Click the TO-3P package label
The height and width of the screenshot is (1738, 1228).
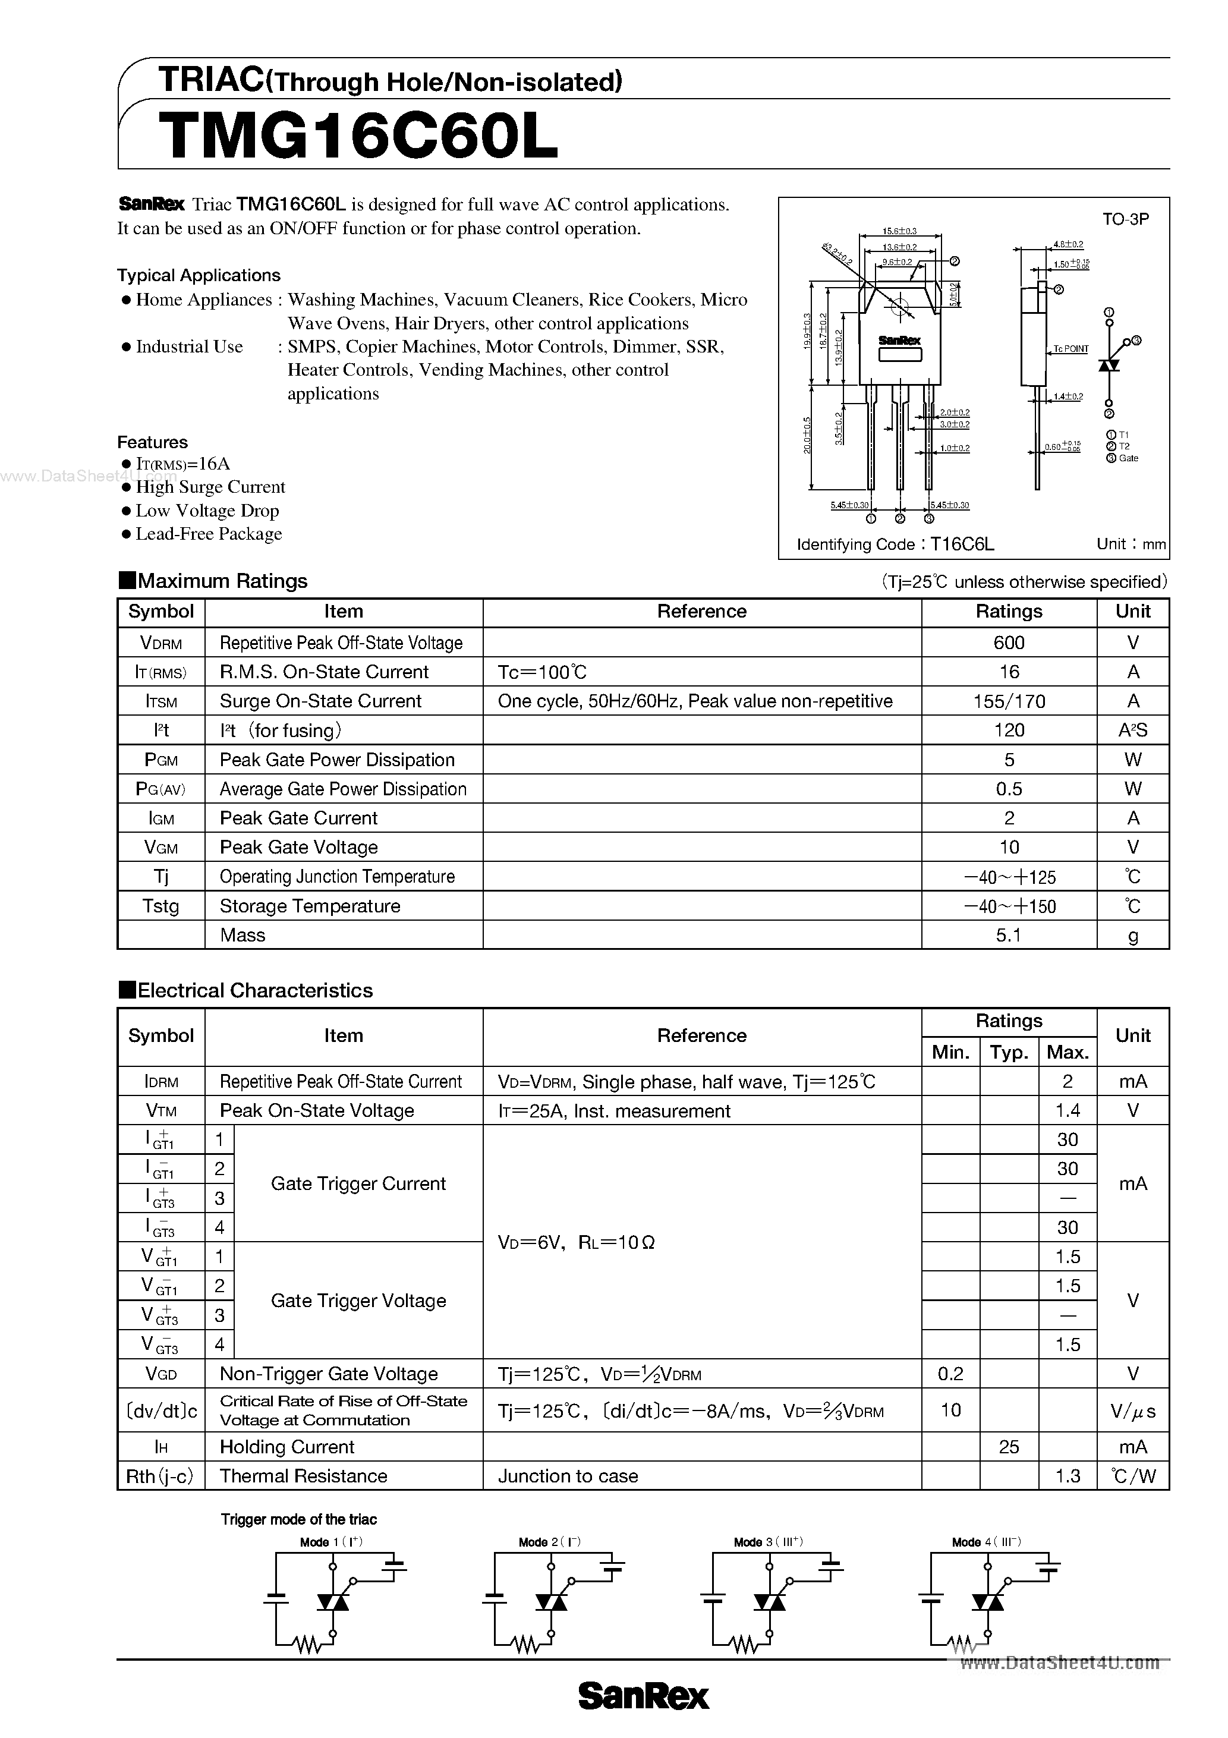(x=1125, y=219)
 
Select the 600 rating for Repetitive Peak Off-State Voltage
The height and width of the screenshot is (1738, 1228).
(x=1009, y=643)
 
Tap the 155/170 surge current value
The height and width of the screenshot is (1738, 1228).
(x=1009, y=701)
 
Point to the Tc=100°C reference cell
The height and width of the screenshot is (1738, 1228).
(x=542, y=672)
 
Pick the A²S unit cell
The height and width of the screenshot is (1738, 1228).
(x=1133, y=731)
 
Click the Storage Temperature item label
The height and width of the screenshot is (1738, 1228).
(x=310, y=906)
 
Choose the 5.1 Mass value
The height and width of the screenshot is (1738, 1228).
(x=1009, y=936)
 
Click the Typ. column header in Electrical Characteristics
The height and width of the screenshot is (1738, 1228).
(x=1009, y=1052)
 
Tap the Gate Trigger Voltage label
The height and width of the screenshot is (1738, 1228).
(x=358, y=1301)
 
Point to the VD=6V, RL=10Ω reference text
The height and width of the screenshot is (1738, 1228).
(x=576, y=1242)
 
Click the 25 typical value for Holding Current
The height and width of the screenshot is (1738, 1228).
(x=1009, y=1447)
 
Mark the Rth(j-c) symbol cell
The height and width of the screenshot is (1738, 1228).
(x=160, y=1476)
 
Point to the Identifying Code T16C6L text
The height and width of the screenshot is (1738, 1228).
(x=895, y=544)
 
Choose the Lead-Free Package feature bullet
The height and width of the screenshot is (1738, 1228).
(x=208, y=534)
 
